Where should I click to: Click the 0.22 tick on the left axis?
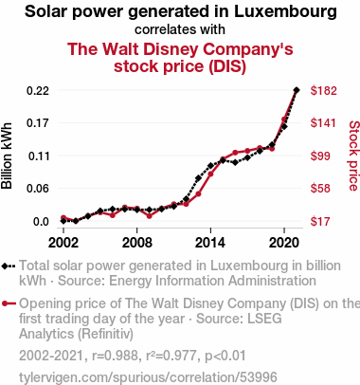(38, 91)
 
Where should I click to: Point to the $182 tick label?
(324, 91)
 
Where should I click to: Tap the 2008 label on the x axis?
(137, 243)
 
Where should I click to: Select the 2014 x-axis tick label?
(210, 243)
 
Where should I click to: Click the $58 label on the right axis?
(320, 189)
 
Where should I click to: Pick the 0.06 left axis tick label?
(38, 189)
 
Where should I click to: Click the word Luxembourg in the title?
(285, 11)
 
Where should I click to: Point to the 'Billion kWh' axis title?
(7, 156)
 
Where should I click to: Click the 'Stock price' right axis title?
(354, 156)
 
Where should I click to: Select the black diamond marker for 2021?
(297, 90)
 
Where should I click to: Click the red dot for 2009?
(150, 216)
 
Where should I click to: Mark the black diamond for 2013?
(198, 178)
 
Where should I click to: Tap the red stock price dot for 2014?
(210, 174)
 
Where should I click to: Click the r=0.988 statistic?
(115, 356)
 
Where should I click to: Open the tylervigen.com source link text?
(148, 377)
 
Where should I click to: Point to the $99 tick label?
(320, 156)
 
